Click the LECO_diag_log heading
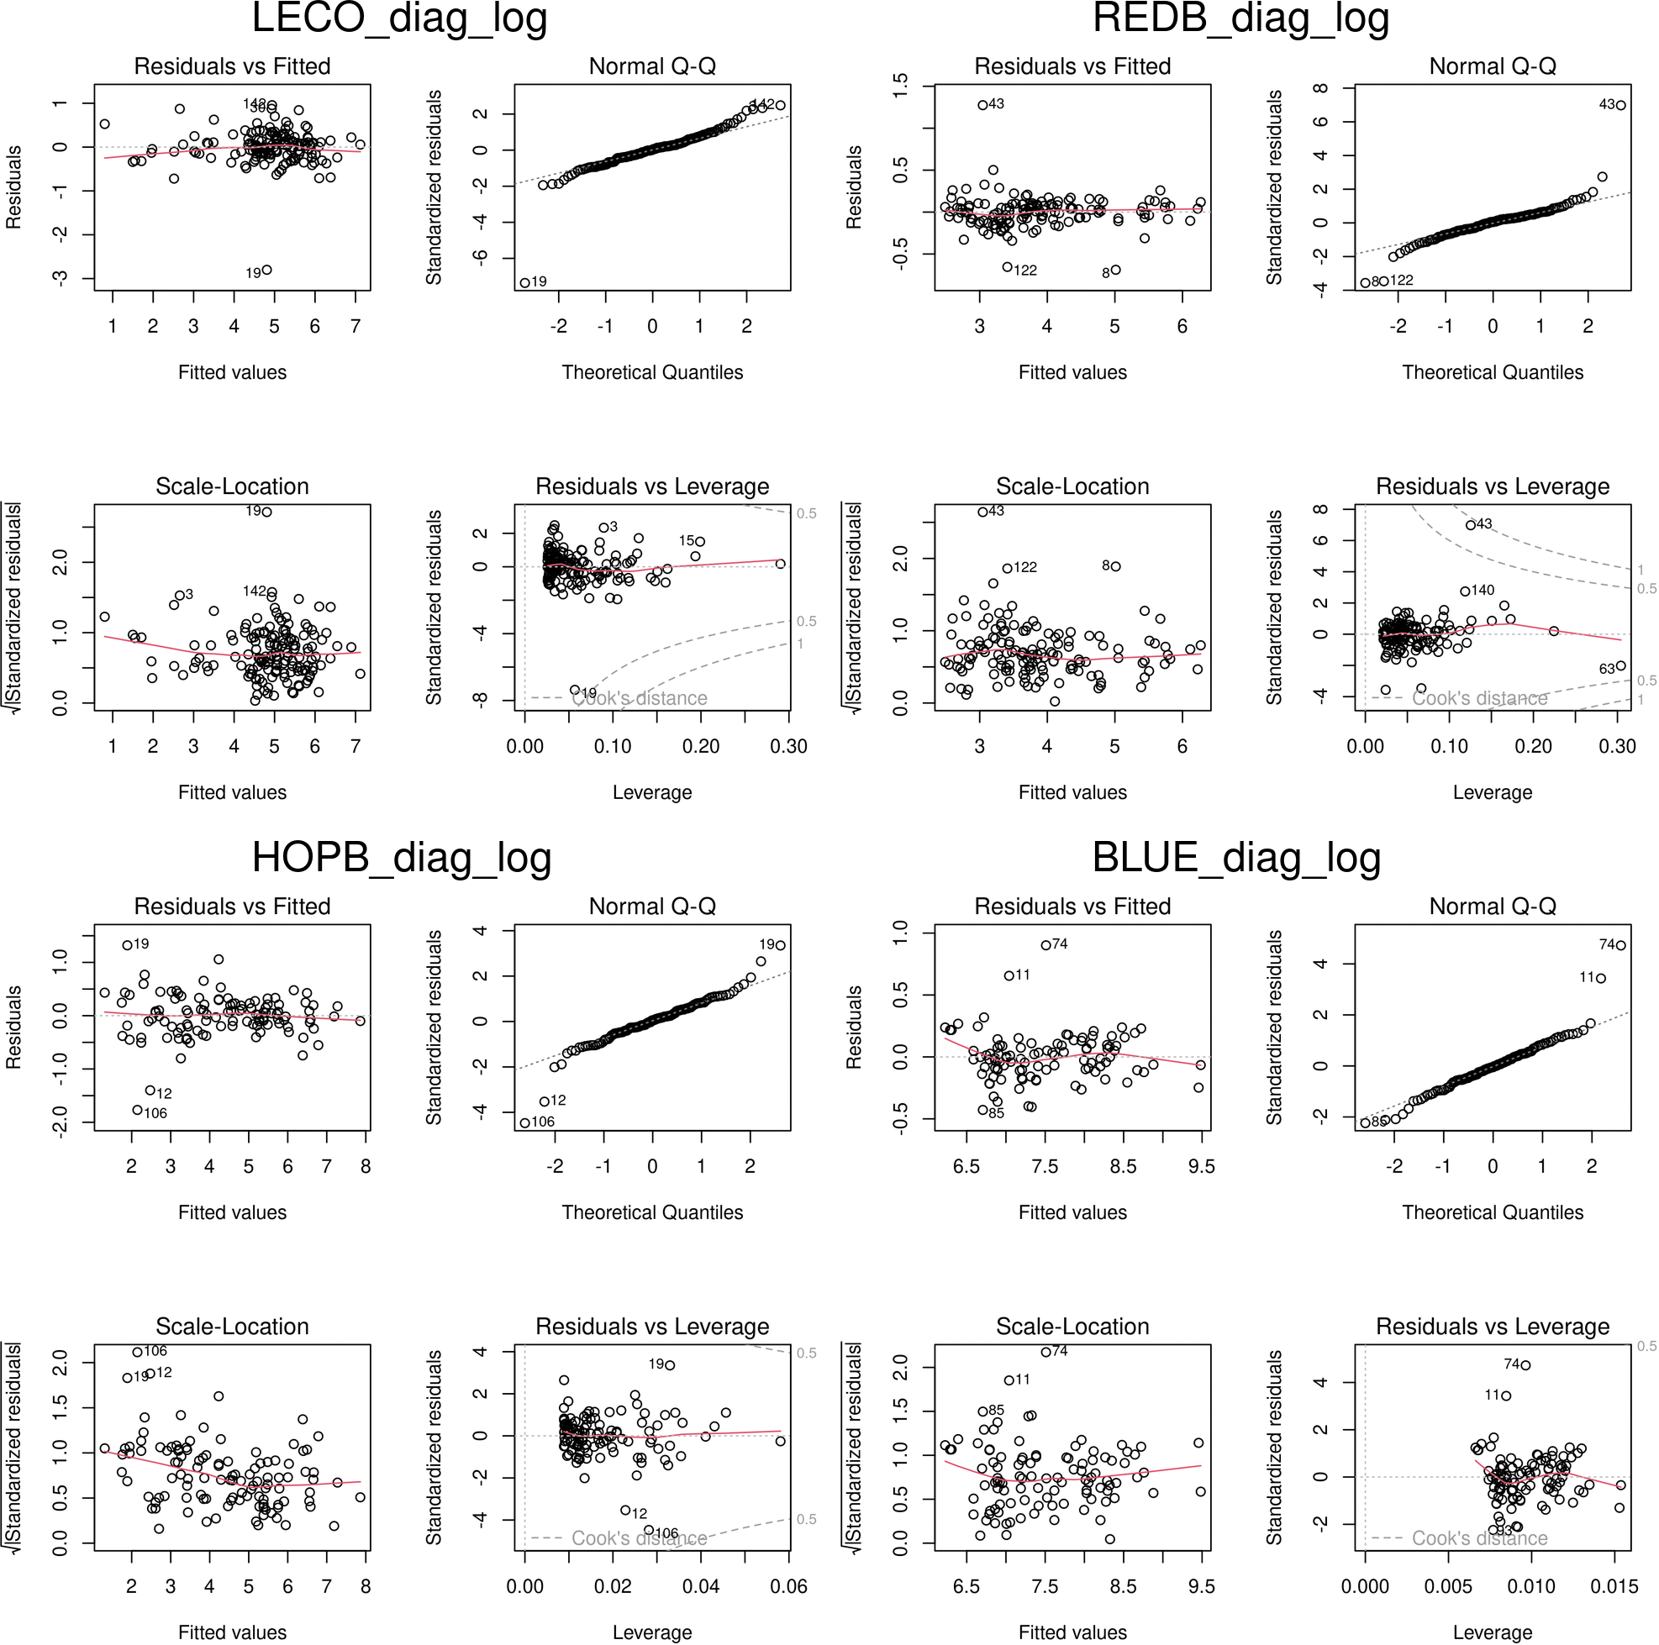pyautogui.click(x=399, y=18)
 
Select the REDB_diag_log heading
pyautogui.click(x=1240, y=18)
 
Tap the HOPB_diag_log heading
pyautogui.click(x=401, y=859)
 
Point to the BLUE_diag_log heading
pyautogui.click(x=1235, y=859)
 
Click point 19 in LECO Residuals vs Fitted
pyautogui.click(x=267, y=271)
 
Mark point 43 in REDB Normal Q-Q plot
pyautogui.click(x=1620, y=106)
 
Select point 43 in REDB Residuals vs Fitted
pyautogui.click(x=982, y=106)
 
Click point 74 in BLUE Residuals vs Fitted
pyautogui.click(x=1045, y=945)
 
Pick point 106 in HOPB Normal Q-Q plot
pyautogui.click(x=525, y=1123)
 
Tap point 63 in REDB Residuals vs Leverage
pyautogui.click(x=1620, y=666)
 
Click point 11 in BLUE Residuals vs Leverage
pyautogui.click(x=1506, y=1396)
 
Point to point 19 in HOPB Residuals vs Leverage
pyautogui.click(x=670, y=1365)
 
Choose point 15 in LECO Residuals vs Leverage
pyautogui.click(x=700, y=542)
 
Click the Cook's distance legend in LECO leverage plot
pyautogui.click(x=639, y=699)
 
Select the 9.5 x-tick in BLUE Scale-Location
pyautogui.click(x=1201, y=1587)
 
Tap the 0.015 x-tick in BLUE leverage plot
pyautogui.click(x=1614, y=1587)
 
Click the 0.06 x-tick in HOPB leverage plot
pyautogui.click(x=788, y=1587)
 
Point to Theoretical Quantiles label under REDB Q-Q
pyautogui.click(x=1493, y=373)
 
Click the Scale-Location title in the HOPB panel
pyautogui.click(x=232, y=1327)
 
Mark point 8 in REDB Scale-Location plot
pyautogui.click(x=1115, y=566)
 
